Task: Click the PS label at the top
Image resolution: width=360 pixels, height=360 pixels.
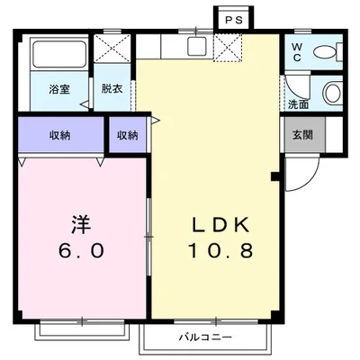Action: (x=233, y=19)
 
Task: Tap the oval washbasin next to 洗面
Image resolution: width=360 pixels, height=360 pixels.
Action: (x=332, y=93)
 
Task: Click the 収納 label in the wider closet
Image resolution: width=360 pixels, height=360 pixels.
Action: (x=59, y=135)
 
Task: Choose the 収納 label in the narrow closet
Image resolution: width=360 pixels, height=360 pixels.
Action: (x=127, y=135)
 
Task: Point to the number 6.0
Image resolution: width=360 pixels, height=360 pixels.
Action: (x=81, y=250)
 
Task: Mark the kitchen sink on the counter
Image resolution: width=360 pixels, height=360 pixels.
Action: (x=196, y=47)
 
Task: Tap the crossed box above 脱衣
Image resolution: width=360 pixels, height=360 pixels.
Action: (x=112, y=47)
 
